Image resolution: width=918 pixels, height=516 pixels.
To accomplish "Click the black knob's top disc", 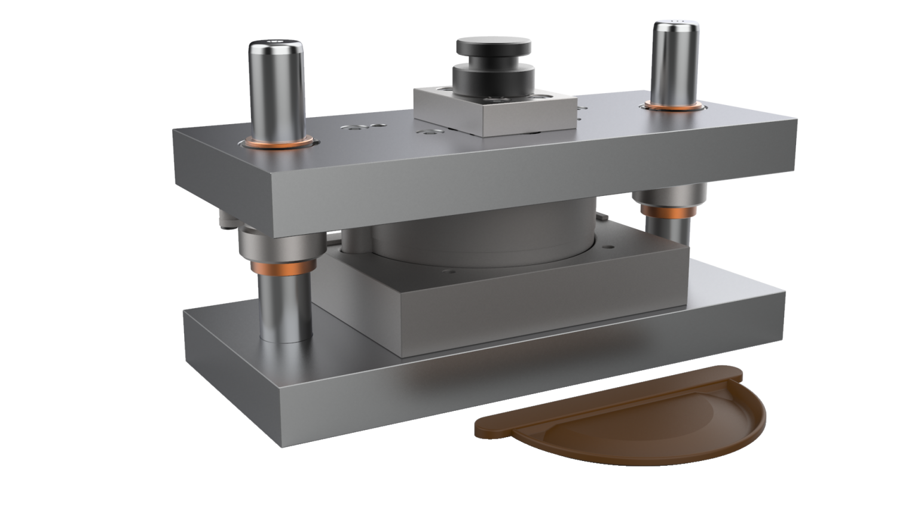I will click(x=494, y=45).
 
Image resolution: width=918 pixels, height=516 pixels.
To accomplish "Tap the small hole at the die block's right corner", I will click(x=608, y=245).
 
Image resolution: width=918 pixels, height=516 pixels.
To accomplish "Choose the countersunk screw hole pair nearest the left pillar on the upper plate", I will click(x=355, y=127).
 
